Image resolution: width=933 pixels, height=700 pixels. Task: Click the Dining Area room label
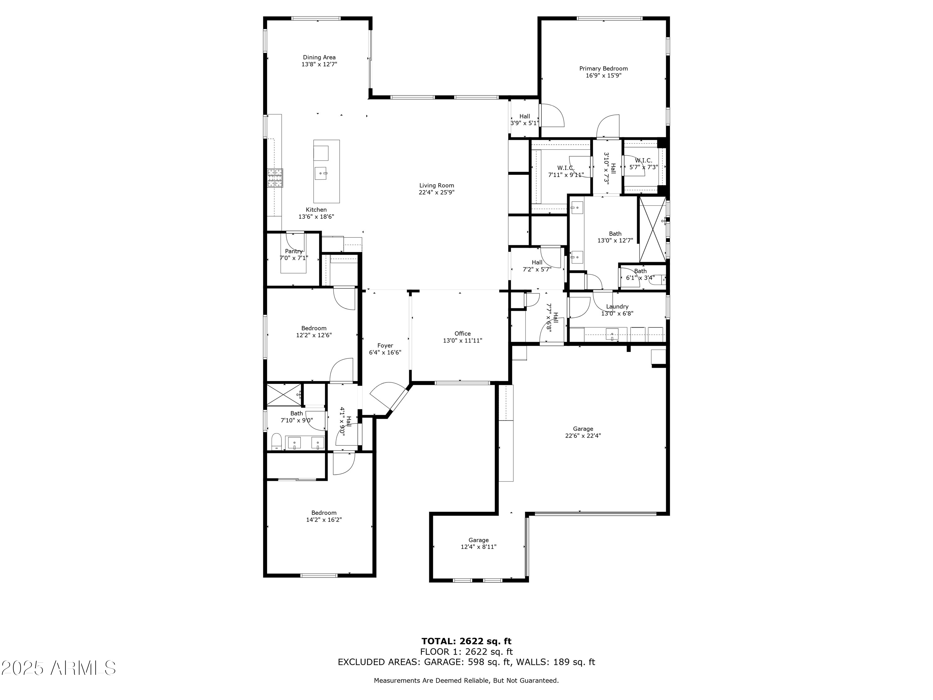click(x=319, y=57)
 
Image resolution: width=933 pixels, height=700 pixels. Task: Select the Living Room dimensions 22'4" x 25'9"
click(x=437, y=192)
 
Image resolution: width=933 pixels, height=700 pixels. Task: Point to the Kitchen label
click(x=316, y=210)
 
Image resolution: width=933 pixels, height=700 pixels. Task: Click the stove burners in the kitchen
click(x=275, y=178)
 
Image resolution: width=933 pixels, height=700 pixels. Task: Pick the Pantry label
click(x=294, y=251)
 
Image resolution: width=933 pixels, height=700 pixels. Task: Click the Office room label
click(x=463, y=333)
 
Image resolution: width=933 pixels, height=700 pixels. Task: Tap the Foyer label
click(x=385, y=346)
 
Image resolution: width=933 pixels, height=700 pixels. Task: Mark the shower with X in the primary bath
click(x=652, y=229)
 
